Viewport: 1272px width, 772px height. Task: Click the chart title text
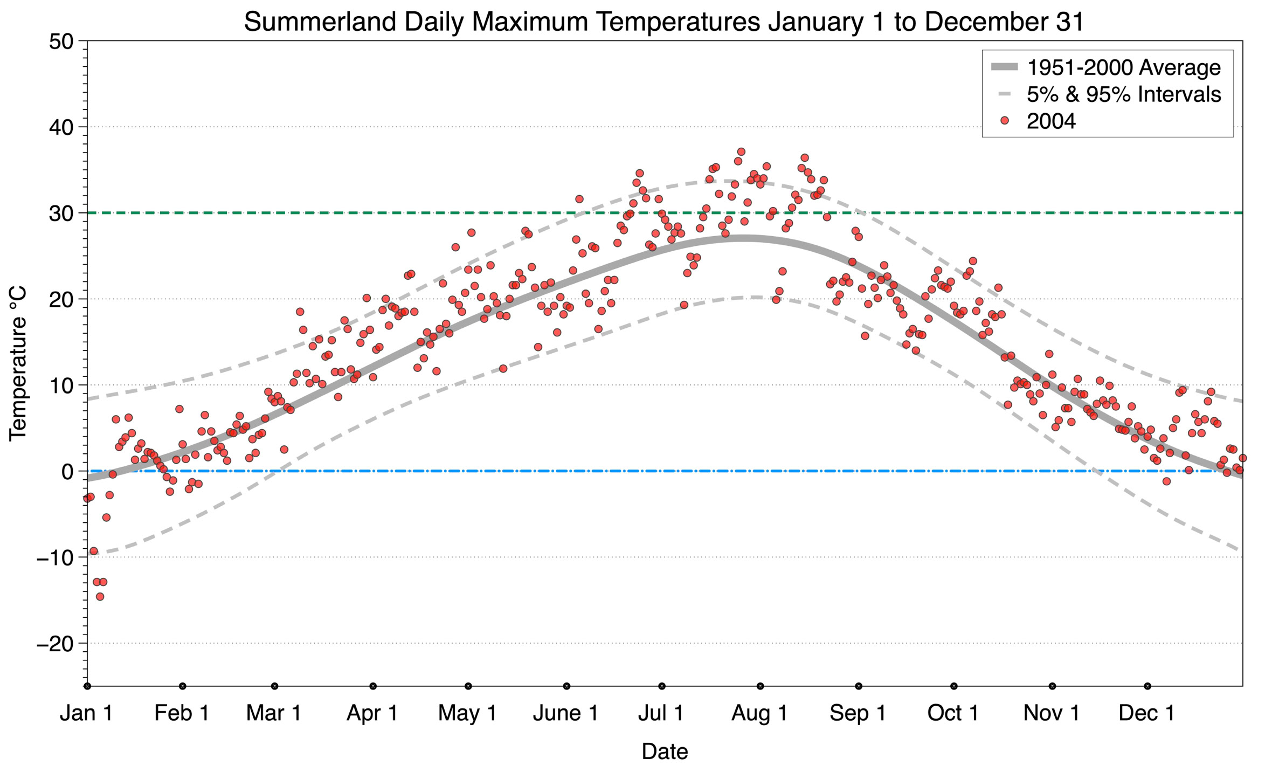tap(664, 22)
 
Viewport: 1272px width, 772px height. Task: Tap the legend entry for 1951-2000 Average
tap(1123, 67)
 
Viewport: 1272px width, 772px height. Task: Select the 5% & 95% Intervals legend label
tap(1123, 94)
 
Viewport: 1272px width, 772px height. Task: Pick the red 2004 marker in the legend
tap(1004, 121)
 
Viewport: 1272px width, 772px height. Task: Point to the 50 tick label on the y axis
tap(61, 42)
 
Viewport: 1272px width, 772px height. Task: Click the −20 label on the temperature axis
tap(55, 643)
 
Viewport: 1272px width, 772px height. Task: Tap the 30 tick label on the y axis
tap(61, 213)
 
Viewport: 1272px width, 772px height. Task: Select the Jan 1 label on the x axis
tap(86, 713)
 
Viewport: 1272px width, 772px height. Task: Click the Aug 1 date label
tap(759, 713)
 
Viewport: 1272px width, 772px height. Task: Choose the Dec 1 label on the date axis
tap(1147, 713)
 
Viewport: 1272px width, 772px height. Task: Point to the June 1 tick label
tap(566, 713)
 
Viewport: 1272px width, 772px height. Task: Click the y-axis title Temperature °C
tap(18, 363)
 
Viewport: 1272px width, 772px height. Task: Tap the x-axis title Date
tap(665, 752)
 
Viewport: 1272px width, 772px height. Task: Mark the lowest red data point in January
tap(100, 596)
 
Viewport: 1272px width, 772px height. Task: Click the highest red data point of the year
tap(741, 151)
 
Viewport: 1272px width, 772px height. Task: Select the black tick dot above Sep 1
tap(859, 686)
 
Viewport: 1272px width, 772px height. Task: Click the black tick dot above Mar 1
tap(274, 686)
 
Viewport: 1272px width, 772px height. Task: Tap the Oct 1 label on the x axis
tap(953, 713)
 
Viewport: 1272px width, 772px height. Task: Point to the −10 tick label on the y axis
tap(55, 557)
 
